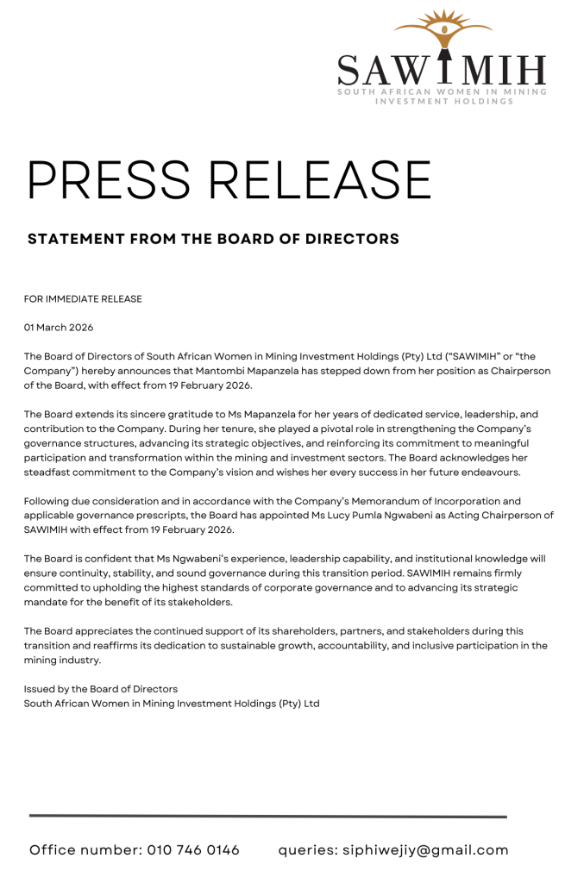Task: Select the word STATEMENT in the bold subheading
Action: click(x=75, y=239)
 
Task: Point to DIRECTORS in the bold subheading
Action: click(x=352, y=239)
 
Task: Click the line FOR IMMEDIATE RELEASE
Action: click(x=83, y=299)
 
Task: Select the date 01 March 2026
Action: click(x=59, y=328)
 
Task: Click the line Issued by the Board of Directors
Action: click(x=101, y=689)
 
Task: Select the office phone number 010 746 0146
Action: click(x=193, y=850)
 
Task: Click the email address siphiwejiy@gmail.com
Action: click(x=426, y=850)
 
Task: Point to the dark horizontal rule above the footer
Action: click(x=267, y=816)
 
